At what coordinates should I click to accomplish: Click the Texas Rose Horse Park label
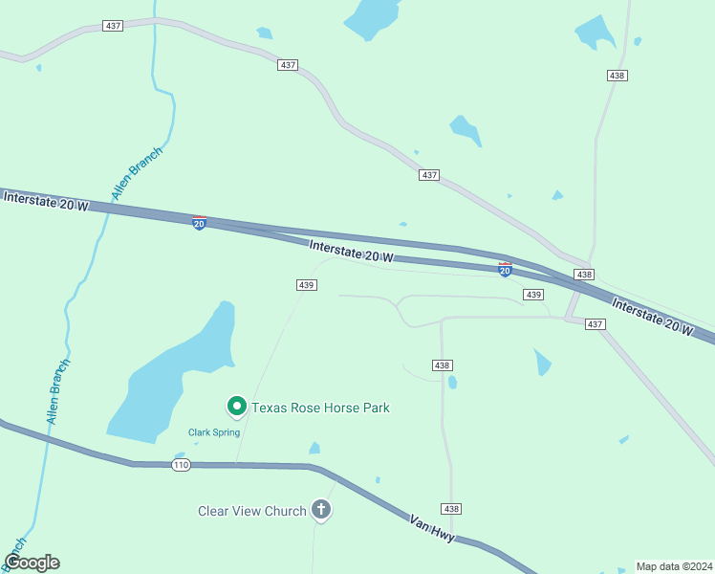[320, 408]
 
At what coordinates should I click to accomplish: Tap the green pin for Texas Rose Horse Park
[236, 407]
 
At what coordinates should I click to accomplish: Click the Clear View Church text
[252, 511]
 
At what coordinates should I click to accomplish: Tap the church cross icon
[321, 511]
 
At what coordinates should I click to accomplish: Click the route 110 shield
[182, 465]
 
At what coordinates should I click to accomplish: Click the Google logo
[32, 563]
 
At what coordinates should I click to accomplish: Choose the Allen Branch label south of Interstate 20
[58, 392]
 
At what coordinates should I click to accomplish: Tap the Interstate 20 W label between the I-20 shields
[352, 252]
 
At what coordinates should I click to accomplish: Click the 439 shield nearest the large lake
[306, 285]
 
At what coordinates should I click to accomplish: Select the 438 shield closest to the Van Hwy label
[452, 508]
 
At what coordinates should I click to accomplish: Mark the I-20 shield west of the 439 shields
[199, 223]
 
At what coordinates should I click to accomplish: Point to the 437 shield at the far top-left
[113, 26]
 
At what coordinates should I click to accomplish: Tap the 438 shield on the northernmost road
[617, 75]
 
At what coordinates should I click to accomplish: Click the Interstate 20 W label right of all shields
[653, 317]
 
